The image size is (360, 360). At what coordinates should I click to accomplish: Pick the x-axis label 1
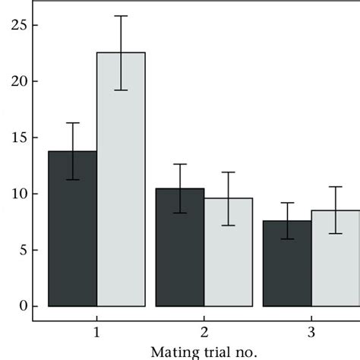click(97, 332)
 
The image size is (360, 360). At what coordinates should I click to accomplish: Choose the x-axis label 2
click(204, 332)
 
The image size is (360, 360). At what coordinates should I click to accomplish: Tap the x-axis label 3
click(311, 332)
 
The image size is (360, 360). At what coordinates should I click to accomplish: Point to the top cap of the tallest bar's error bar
click(121, 16)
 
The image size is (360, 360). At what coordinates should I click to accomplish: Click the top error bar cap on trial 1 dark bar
click(73, 123)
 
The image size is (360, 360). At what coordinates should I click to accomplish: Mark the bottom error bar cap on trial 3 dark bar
click(287, 238)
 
